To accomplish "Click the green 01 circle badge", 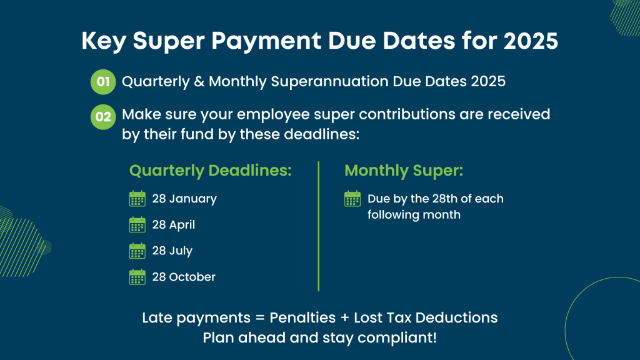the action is point(103,82).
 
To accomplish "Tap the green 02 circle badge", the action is point(103,117).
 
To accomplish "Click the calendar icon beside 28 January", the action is point(137,199).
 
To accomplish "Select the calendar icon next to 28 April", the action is point(137,225).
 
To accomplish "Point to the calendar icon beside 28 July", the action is point(137,251).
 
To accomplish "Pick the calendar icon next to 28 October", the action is point(137,277).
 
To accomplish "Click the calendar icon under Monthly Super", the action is point(352,199).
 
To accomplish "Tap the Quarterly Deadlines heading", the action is point(211,171).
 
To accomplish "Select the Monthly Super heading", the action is point(404,171).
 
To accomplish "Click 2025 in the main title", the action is point(531,41).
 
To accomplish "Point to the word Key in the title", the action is point(104,41).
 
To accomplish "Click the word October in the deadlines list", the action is point(192,277).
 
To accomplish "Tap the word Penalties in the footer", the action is point(302,317).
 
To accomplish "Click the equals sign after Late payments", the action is point(260,318).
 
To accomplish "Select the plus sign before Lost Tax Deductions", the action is point(344,318).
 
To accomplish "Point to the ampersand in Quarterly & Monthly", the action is point(199,81).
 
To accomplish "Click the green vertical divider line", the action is point(318,226).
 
